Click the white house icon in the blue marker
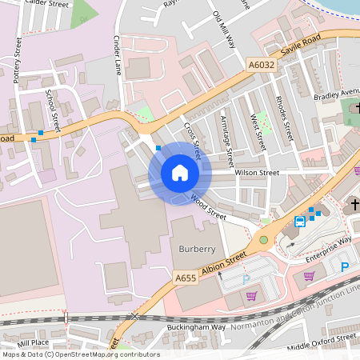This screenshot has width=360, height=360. pyautogui.click(x=180, y=172)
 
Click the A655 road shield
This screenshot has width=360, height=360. pyautogui.click(x=186, y=278)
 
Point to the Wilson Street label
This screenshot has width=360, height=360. pyautogui.click(x=257, y=172)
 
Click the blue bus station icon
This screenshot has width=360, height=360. pyautogui.click(x=299, y=221)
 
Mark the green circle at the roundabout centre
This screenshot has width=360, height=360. pyautogui.click(x=263, y=239)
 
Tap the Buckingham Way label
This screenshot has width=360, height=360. pyautogui.click(x=196, y=327)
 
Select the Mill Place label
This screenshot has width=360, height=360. pyautogui.click(x=33, y=342)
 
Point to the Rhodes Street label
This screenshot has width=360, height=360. pyautogui.click(x=282, y=117)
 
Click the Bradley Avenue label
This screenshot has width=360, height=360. pyautogui.click(x=337, y=95)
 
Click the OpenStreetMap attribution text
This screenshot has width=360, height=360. pyautogui.click(x=80, y=354)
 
